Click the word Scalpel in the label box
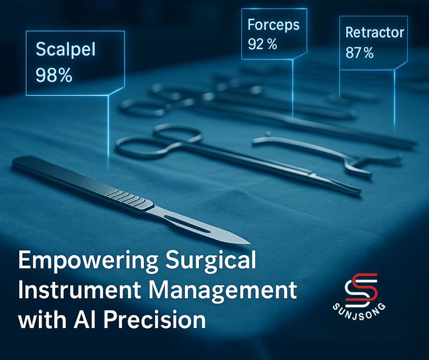click(x=66, y=50)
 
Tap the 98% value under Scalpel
click(x=54, y=75)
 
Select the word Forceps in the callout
click(x=273, y=26)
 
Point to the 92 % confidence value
click(x=262, y=44)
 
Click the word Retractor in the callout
click(x=375, y=32)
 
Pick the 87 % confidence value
click(x=360, y=53)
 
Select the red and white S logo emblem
click(x=361, y=290)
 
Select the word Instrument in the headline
click(x=79, y=290)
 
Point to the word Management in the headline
click(x=223, y=291)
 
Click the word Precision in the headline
click(x=155, y=319)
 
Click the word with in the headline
click(x=42, y=319)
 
